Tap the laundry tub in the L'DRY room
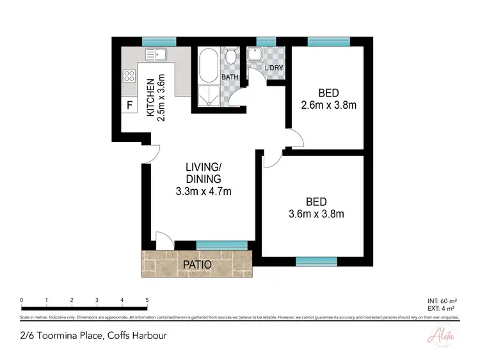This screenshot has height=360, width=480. (x=262, y=53)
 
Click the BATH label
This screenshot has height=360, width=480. (x=230, y=77)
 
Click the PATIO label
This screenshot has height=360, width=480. (x=197, y=264)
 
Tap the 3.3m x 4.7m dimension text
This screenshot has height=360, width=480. (x=204, y=191)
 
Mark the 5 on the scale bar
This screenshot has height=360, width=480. (x=147, y=300)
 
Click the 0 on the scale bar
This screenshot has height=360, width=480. (x=22, y=300)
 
